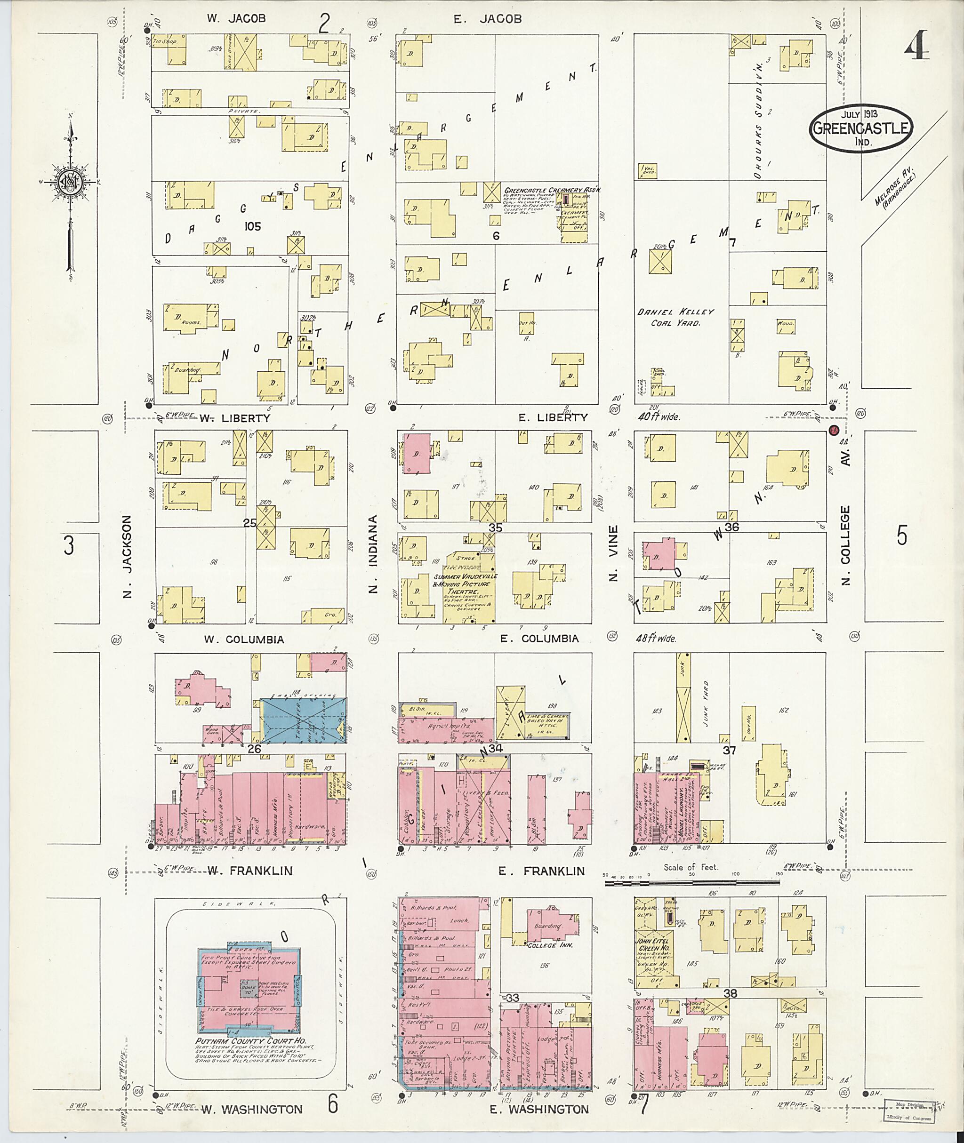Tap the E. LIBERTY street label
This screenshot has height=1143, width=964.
coord(553,417)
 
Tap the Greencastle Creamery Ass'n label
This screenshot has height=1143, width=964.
coord(552,190)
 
